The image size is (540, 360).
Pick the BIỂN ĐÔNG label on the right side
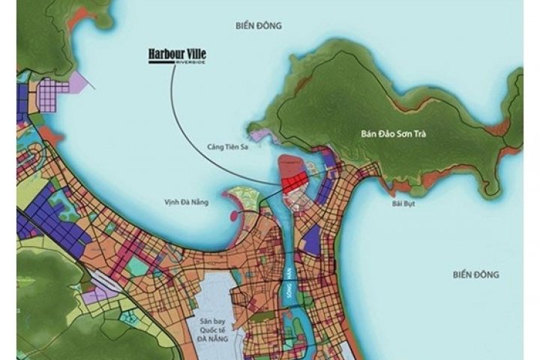coord(476,274)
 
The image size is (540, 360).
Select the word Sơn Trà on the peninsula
coord(418,135)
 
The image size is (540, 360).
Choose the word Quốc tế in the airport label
coord(211,328)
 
